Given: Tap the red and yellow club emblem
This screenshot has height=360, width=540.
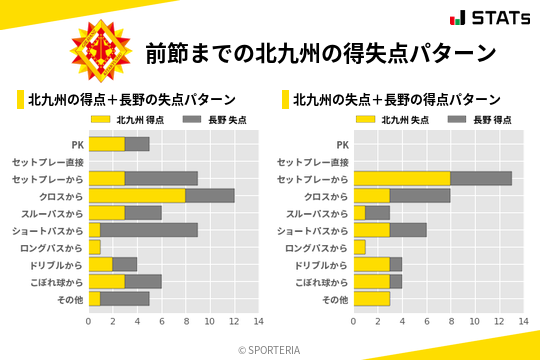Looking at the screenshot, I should (x=100, y=52).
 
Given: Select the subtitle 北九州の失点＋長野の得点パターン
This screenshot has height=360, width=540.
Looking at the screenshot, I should (x=397, y=100).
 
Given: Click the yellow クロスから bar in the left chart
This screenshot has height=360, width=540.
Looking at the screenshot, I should (x=137, y=196).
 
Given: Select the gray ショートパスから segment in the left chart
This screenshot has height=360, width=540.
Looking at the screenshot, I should (x=149, y=230).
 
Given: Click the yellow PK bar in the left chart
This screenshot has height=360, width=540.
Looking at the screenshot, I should (x=107, y=144).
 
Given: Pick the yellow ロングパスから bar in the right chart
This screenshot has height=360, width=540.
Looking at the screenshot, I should (x=359, y=247).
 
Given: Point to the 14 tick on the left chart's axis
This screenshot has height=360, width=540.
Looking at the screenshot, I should (x=258, y=322).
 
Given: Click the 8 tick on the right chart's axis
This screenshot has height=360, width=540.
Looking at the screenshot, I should (x=450, y=322).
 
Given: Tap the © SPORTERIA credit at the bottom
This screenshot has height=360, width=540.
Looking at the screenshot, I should (x=270, y=349).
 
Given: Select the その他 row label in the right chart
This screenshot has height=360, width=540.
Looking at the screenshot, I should (x=335, y=299).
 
